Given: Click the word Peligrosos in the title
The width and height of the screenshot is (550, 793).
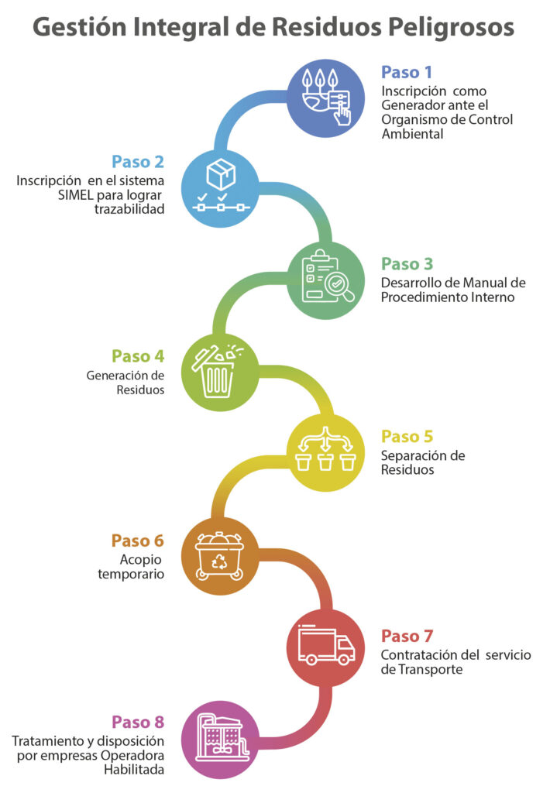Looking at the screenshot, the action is click(x=451, y=29).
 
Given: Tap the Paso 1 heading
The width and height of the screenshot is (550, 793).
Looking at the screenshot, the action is click(x=406, y=72).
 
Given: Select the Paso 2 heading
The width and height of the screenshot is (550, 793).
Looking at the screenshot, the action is click(x=138, y=162).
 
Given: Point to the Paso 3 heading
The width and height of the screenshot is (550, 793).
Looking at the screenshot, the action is click(x=407, y=264).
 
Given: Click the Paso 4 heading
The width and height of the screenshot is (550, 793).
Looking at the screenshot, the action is click(x=138, y=356).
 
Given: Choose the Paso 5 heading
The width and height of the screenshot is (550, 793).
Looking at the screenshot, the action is click(x=407, y=437).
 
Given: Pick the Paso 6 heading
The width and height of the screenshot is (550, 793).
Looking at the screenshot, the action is click(x=138, y=541).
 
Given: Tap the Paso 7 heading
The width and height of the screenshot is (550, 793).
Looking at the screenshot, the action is click(x=407, y=636).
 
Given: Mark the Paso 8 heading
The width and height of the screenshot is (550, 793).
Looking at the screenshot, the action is click(x=138, y=722).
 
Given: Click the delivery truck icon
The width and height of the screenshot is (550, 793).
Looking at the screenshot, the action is click(x=326, y=645).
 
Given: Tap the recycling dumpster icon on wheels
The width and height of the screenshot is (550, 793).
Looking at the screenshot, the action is click(x=219, y=556).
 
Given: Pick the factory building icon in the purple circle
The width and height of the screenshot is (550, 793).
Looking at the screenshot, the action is click(x=222, y=739).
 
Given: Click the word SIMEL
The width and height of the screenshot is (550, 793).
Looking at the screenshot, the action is click(x=75, y=195).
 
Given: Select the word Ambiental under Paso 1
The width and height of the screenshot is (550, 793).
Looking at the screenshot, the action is click(x=412, y=134).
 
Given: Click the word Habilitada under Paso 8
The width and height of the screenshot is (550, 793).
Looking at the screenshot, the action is click(x=134, y=770).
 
